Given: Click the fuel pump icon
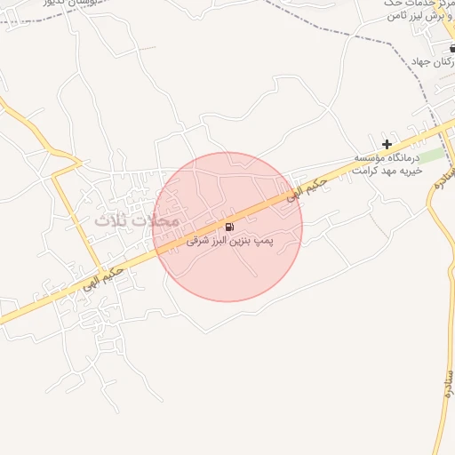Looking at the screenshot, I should click(x=229, y=227).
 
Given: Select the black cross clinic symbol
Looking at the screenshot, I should click(x=387, y=144).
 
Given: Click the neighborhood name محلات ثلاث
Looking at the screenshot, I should click(x=136, y=219).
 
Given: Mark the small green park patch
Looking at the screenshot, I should click(x=431, y=156).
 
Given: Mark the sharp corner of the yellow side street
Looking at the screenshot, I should click(x=55, y=175).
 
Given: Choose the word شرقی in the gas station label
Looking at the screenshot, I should click(x=197, y=241).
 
